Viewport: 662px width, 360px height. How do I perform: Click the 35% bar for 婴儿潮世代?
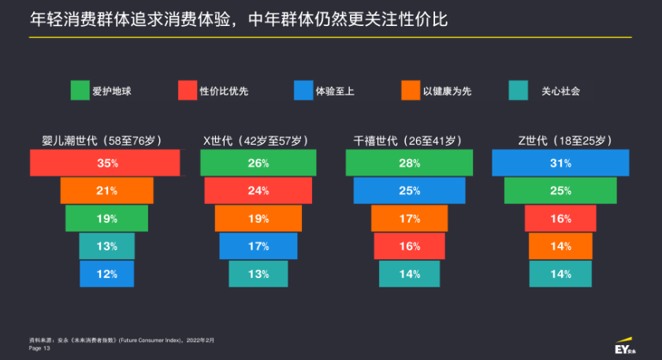[x=105, y=163]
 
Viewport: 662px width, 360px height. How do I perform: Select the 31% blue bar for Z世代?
[x=560, y=163]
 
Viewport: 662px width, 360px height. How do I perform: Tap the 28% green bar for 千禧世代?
[x=409, y=163]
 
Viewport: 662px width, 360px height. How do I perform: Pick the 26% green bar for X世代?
[x=258, y=163]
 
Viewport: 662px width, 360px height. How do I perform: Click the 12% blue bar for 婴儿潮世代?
[x=107, y=273]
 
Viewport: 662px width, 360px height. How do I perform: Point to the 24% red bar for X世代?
[x=258, y=191]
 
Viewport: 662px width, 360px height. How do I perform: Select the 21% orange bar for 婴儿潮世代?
[x=107, y=191]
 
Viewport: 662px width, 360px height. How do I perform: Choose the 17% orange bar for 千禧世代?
[x=409, y=218]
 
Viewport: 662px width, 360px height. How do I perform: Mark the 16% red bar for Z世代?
[x=560, y=218]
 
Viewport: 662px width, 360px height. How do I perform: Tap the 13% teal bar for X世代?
[x=258, y=273]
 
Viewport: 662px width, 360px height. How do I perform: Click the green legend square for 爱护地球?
[x=80, y=91]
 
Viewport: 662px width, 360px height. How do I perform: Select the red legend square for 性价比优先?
[x=188, y=91]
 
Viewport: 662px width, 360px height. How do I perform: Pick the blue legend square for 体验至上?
[x=303, y=91]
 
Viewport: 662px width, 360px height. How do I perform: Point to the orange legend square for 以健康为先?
[x=410, y=91]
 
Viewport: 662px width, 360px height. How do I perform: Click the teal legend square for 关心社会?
[x=519, y=91]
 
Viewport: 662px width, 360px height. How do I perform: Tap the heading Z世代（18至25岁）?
[x=565, y=141]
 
